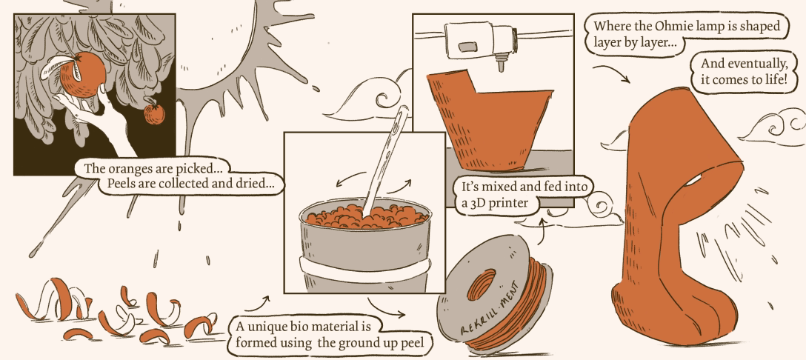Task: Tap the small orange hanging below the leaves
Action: pos(154,113)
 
